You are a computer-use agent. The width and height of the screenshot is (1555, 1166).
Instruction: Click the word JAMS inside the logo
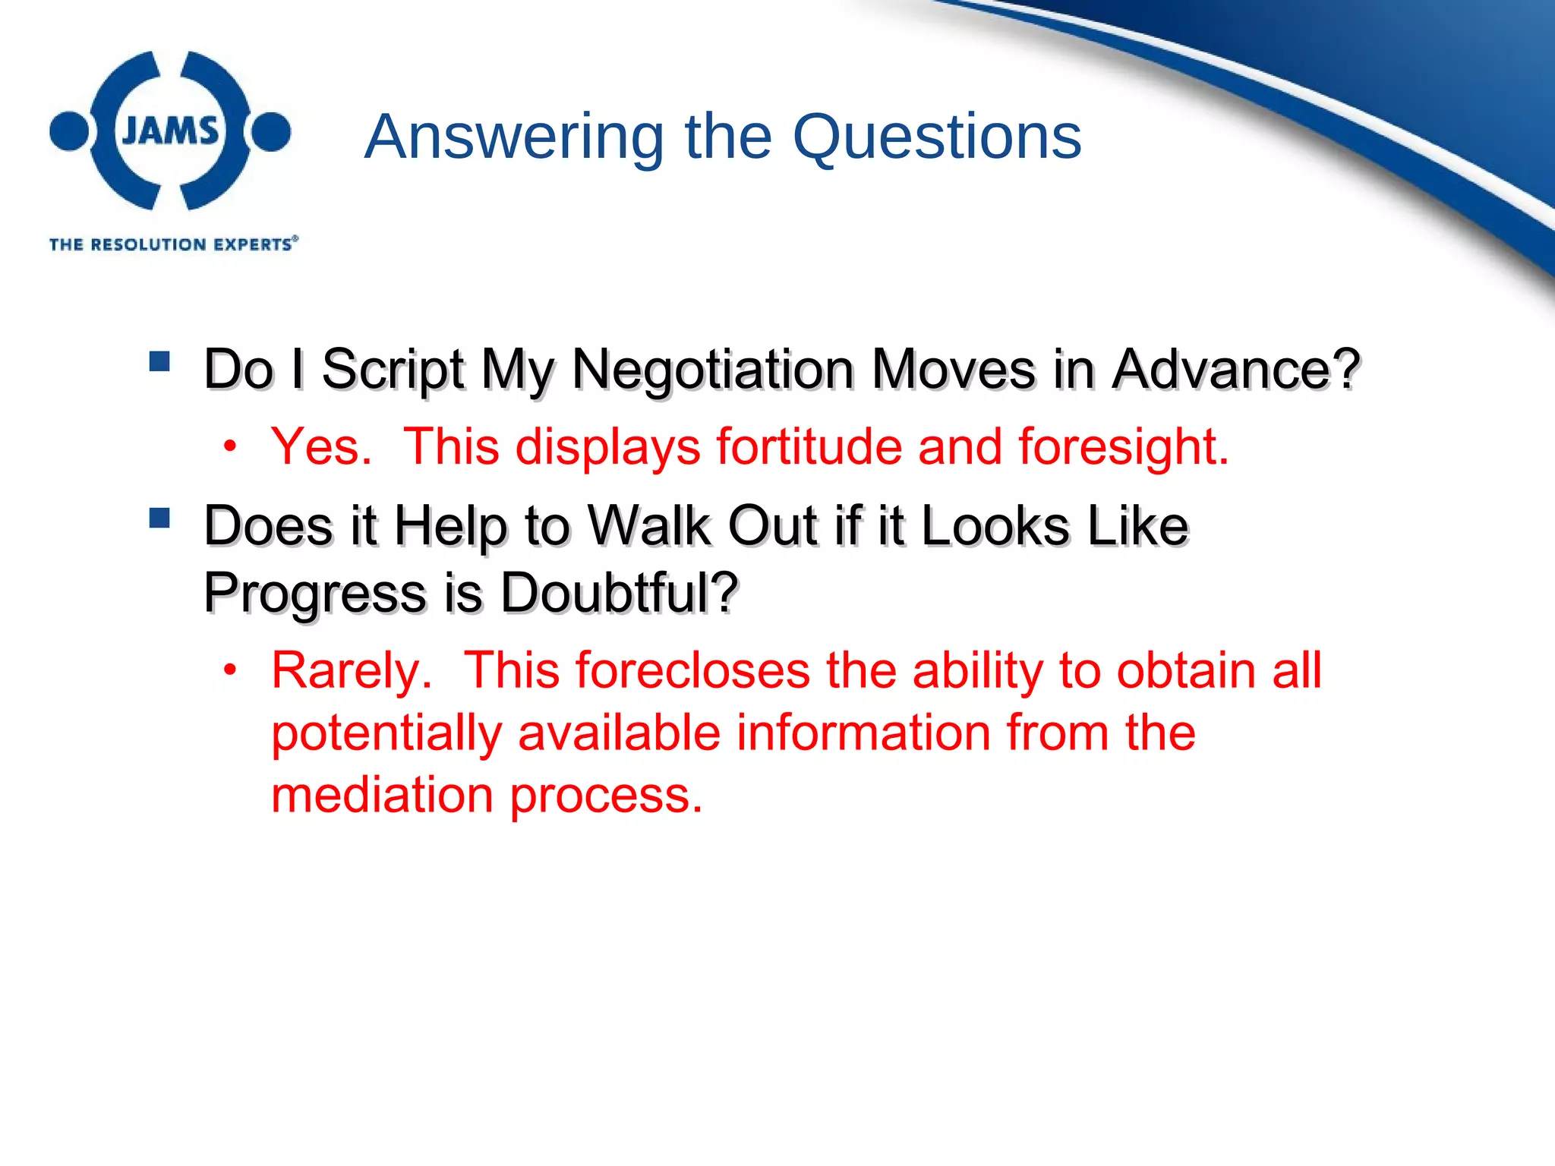pyautogui.click(x=170, y=131)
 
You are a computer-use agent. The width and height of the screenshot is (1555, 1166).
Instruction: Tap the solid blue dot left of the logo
pyautogui.click(x=69, y=131)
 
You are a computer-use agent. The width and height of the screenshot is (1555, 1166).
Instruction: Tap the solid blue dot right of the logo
pyautogui.click(x=271, y=131)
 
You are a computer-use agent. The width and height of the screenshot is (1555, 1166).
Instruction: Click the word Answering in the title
pyautogui.click(x=514, y=137)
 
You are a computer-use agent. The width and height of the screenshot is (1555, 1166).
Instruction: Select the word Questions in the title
pyautogui.click(x=937, y=137)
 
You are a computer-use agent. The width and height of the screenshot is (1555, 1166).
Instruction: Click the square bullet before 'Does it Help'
pyautogui.click(x=159, y=518)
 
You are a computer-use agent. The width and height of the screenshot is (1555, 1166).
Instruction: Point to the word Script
pyautogui.click(x=393, y=370)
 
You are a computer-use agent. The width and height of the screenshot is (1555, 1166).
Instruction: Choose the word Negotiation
pyautogui.click(x=712, y=370)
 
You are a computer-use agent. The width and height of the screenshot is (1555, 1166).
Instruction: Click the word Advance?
pyautogui.click(x=1235, y=370)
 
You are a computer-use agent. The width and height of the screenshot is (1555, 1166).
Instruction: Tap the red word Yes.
pyautogui.click(x=321, y=446)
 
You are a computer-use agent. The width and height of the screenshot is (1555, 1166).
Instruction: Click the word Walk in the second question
pyautogui.click(x=649, y=525)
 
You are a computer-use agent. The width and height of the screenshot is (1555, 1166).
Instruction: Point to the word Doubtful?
pyautogui.click(x=619, y=592)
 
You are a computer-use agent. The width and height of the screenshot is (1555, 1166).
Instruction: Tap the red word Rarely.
pyautogui.click(x=352, y=671)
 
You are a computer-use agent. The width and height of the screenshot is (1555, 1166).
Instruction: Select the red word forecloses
pyautogui.click(x=692, y=671)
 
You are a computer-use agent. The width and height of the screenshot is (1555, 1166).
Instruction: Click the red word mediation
pyautogui.click(x=382, y=795)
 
